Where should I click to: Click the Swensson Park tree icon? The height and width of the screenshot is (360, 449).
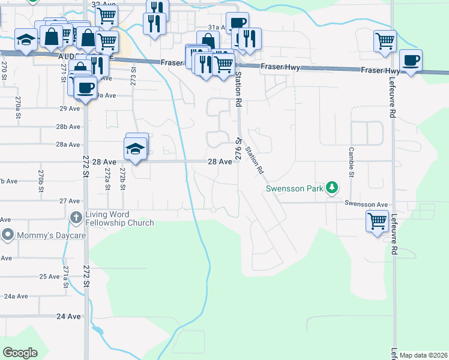331,188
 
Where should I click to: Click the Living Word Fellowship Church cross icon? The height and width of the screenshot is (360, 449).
76,217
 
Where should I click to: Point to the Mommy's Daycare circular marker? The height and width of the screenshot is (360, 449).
8,235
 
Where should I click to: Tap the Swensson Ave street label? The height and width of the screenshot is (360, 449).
366,204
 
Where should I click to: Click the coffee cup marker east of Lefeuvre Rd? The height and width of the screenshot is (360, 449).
411,61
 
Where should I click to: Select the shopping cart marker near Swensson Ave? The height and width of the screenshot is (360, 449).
377,221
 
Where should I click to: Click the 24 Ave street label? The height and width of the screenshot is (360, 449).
68,316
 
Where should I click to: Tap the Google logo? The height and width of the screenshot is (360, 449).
20,353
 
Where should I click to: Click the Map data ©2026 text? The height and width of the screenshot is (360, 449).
423,355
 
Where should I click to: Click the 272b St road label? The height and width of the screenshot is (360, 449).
122,179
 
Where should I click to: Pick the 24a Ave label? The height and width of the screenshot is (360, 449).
17,296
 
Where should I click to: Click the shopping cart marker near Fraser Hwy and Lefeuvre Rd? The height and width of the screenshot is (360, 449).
385,41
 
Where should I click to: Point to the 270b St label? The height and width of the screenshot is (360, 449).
41,180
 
